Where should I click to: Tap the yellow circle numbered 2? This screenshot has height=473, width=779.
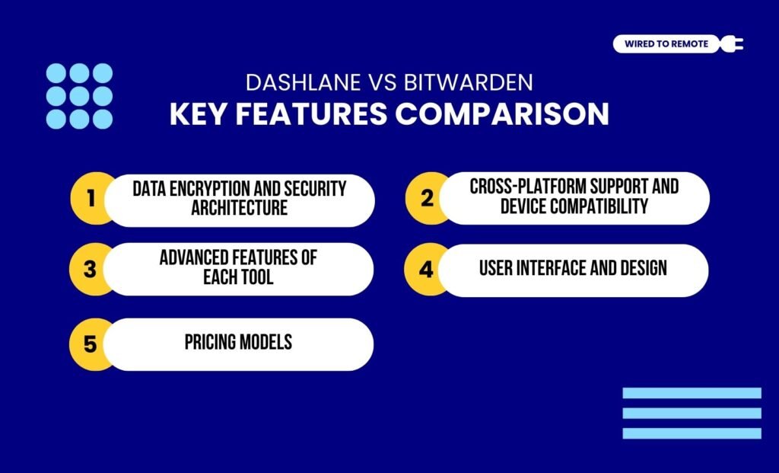[x=426, y=199]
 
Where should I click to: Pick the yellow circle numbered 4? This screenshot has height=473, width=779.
[x=426, y=268]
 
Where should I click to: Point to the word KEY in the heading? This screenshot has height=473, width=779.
[x=196, y=114]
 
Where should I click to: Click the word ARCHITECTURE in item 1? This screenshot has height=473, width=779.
[x=239, y=208]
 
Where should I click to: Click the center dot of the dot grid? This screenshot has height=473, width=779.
[x=79, y=96]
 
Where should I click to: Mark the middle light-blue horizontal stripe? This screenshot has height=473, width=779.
[x=692, y=413]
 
